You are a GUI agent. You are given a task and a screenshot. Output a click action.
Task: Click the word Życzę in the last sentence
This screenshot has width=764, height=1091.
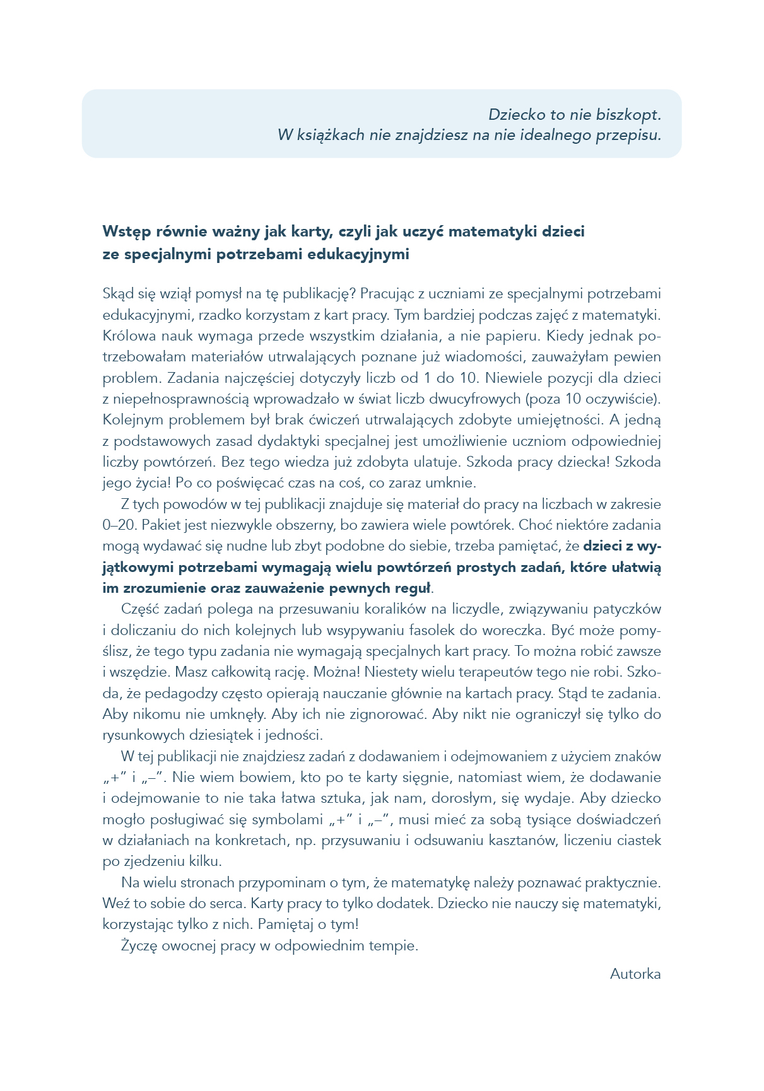click(x=138, y=946)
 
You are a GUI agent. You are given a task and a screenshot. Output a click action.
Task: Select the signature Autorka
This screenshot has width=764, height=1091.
click(x=635, y=974)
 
